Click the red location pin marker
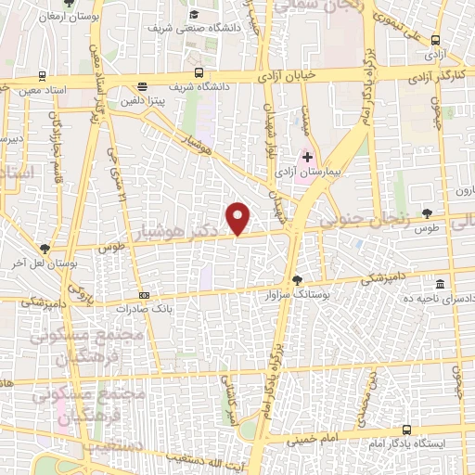tap(239, 217)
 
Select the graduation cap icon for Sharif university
tap(195, 14)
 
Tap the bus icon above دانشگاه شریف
tap(199, 72)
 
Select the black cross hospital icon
tap(308, 158)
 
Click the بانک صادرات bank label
tap(149, 305)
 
